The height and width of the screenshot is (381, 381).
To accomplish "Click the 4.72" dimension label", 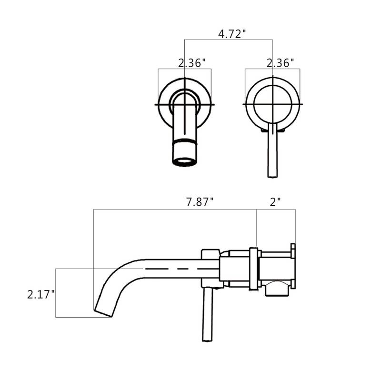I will [x=232, y=34].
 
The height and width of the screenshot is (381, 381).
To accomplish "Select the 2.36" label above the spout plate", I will [x=192, y=62].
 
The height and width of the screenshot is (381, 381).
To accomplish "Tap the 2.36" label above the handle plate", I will [x=280, y=62].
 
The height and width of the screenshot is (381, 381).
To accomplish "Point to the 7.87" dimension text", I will [x=199, y=201].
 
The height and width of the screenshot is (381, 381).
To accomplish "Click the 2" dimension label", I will [x=274, y=201].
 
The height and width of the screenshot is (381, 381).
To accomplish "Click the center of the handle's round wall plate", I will [x=272, y=103].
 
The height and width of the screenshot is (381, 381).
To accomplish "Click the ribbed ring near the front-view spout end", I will [x=183, y=142].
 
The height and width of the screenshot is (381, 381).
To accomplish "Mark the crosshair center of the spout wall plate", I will [x=184, y=103].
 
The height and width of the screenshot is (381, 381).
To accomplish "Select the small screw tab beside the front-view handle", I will [x=282, y=129].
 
